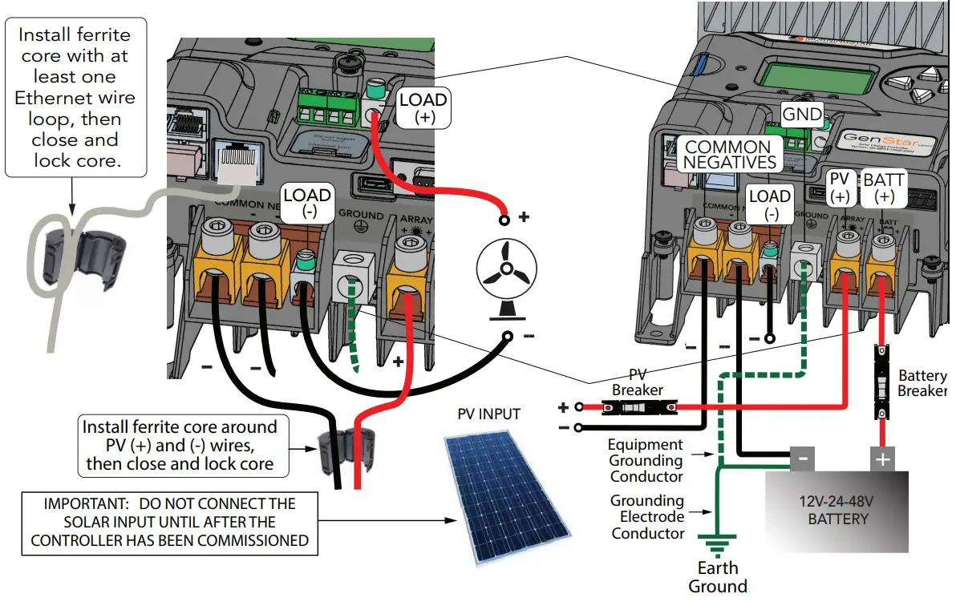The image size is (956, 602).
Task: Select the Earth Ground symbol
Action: pyautogui.click(x=717, y=548)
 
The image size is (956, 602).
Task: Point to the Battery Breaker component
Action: pyautogui.click(x=882, y=382)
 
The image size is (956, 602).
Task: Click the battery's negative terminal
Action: pyautogui.click(x=803, y=459)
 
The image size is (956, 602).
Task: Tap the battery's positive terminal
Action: pyautogui.click(x=882, y=459)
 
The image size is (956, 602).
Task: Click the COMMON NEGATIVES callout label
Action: pyautogui.click(x=728, y=154)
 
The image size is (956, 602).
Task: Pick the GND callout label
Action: pyautogui.click(x=802, y=115)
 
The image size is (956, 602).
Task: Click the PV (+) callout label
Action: pyautogui.click(x=840, y=188)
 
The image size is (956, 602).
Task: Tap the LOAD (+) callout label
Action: pyautogui.click(x=423, y=108)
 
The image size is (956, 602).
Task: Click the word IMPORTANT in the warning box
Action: pyautogui.click(x=84, y=504)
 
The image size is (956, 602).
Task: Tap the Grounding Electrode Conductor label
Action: pyautogui.click(x=647, y=517)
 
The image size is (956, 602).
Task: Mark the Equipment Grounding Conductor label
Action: pyautogui.click(x=646, y=460)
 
